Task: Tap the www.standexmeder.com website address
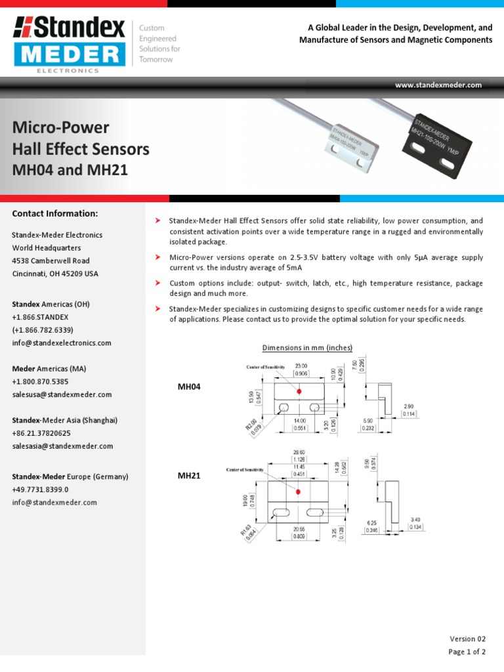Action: click(438, 85)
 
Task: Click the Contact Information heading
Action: click(55, 214)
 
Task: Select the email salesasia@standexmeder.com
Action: click(62, 446)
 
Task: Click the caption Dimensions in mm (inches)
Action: click(307, 348)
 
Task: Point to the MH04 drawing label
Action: click(189, 387)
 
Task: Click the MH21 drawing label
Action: click(189, 476)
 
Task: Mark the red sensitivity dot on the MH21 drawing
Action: click(299, 492)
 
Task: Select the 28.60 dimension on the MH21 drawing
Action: click(299, 453)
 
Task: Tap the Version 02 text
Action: click(468, 639)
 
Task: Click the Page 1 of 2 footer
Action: click(467, 652)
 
